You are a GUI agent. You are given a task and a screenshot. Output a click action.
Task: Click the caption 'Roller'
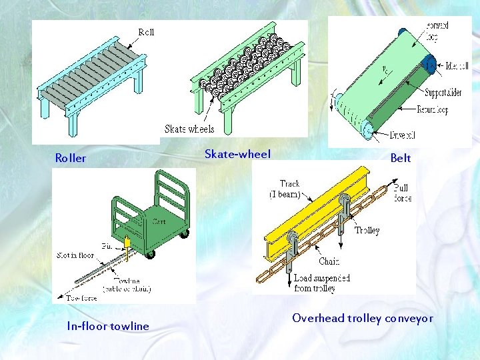(x=70, y=159)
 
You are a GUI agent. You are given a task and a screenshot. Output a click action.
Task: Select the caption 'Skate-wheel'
(x=237, y=155)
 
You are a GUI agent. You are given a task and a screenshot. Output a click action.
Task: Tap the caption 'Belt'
(x=401, y=159)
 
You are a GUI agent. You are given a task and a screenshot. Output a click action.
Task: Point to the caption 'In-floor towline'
(x=108, y=326)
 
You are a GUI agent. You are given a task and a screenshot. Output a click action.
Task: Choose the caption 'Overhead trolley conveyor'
(x=363, y=319)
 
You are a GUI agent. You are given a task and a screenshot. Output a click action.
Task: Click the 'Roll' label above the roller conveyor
(x=146, y=32)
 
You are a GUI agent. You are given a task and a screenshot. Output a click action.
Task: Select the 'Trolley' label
(x=367, y=231)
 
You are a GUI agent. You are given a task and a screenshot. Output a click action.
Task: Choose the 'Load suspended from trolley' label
(x=322, y=283)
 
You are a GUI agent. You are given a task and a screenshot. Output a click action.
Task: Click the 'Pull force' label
(x=402, y=193)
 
